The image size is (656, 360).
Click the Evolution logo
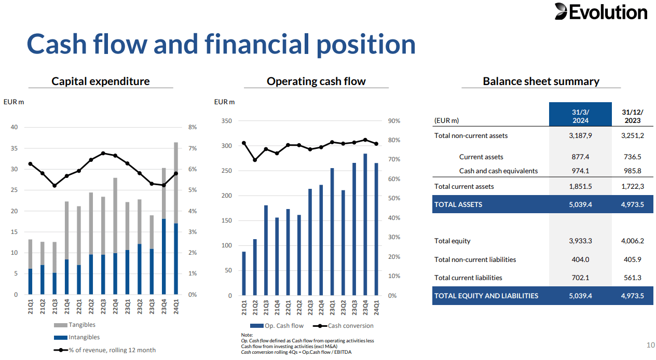point(600,12)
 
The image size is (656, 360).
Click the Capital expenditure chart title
point(100,81)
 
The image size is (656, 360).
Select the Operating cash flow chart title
point(316,81)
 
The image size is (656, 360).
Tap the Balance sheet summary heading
point(541,81)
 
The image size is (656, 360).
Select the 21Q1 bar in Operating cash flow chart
point(244,273)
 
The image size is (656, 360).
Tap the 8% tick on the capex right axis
point(192,127)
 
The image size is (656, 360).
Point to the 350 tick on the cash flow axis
point(226,121)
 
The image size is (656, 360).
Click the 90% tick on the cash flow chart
point(394,121)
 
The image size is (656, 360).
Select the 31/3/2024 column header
point(580,116)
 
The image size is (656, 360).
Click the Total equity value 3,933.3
point(580,241)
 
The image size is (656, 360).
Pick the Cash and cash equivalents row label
point(498,171)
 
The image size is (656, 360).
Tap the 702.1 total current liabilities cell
point(580,278)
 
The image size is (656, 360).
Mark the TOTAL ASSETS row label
point(458,204)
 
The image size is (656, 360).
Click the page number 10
point(650,345)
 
